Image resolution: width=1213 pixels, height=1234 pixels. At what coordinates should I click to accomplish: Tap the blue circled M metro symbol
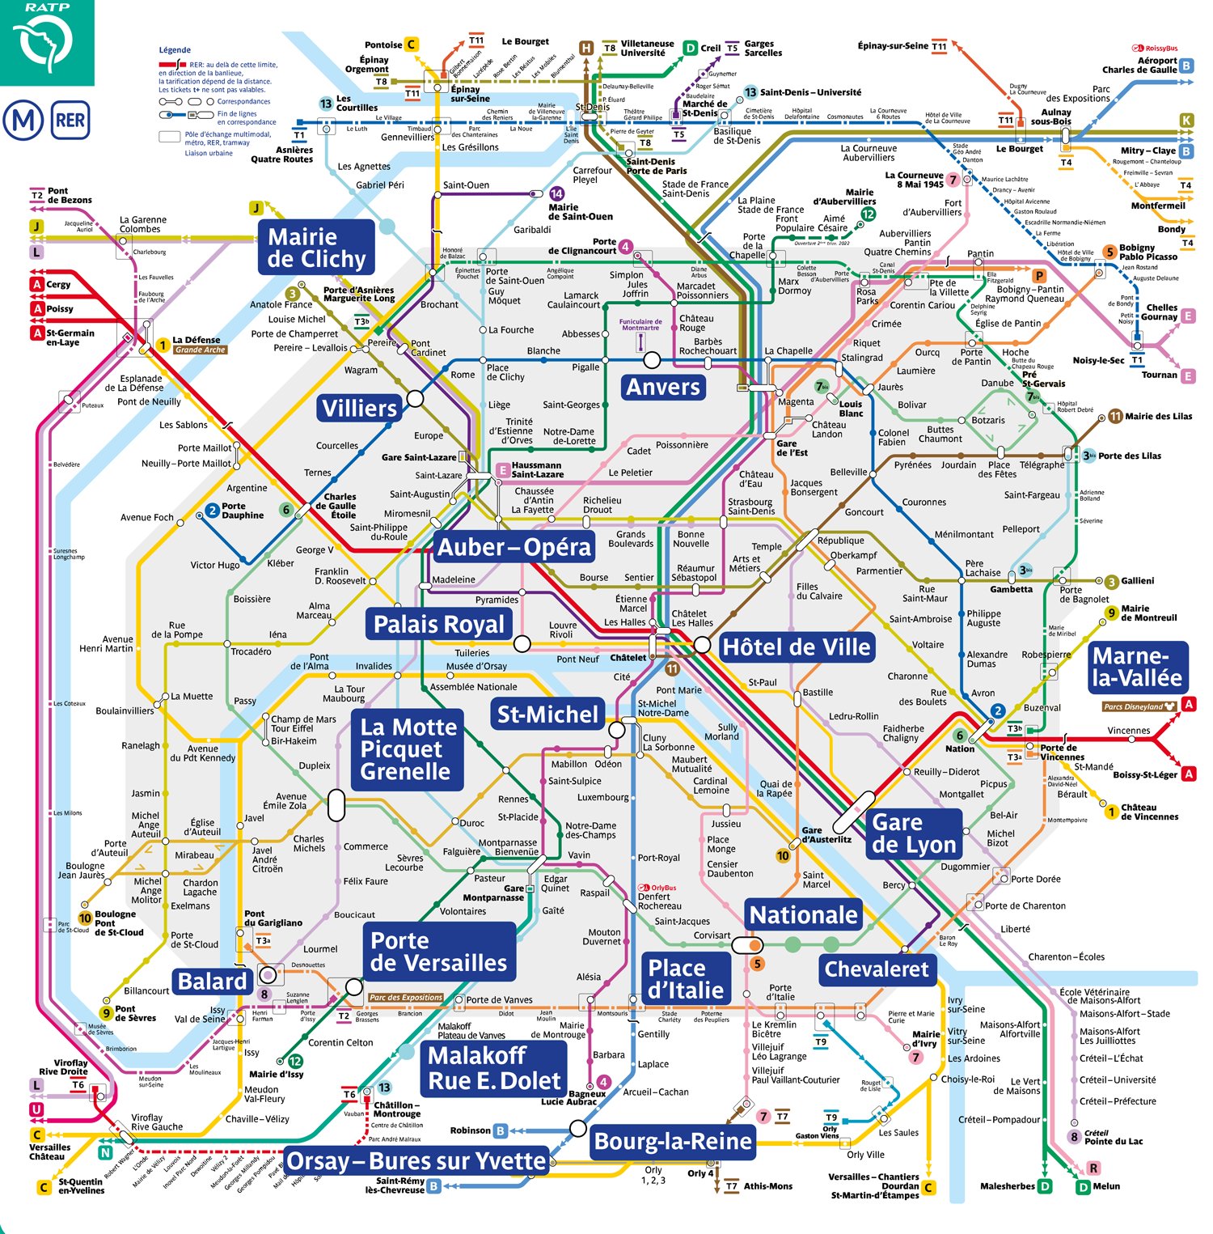[x=23, y=121]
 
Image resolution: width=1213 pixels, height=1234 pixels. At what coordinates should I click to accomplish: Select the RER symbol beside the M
[x=70, y=121]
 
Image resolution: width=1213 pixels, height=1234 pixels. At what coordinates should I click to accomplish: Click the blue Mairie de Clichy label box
[x=316, y=248]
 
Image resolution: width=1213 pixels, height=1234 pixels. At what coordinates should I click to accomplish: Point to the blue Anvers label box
[x=663, y=387]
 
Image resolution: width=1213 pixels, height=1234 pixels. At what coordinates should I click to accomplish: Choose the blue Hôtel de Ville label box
[x=797, y=647]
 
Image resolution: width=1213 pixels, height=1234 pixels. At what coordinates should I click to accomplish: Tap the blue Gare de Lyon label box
[x=914, y=833]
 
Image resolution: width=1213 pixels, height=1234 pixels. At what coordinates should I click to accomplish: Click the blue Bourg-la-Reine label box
[x=673, y=1141]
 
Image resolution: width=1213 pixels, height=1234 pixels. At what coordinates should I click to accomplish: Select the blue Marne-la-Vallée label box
[x=1138, y=667]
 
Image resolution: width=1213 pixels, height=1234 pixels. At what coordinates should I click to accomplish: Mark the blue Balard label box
[x=212, y=982]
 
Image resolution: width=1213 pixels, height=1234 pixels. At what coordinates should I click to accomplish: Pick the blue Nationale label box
[x=803, y=914]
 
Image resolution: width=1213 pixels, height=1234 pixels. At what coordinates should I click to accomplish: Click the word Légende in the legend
[x=175, y=50]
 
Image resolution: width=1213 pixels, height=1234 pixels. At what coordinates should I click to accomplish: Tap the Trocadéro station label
[x=251, y=651]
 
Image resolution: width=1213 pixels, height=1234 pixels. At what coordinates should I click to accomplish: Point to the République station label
[x=840, y=541]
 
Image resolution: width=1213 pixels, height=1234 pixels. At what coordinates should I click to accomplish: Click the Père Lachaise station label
[x=982, y=568]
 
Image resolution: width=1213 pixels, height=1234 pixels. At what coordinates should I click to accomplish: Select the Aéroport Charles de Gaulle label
[x=1146, y=65]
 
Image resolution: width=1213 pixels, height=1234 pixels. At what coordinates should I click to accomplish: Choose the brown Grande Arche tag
[x=200, y=350]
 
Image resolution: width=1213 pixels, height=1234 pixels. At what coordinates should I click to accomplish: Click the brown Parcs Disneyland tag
[x=1139, y=706]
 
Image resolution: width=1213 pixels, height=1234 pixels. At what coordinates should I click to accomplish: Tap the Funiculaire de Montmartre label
[x=640, y=324]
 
